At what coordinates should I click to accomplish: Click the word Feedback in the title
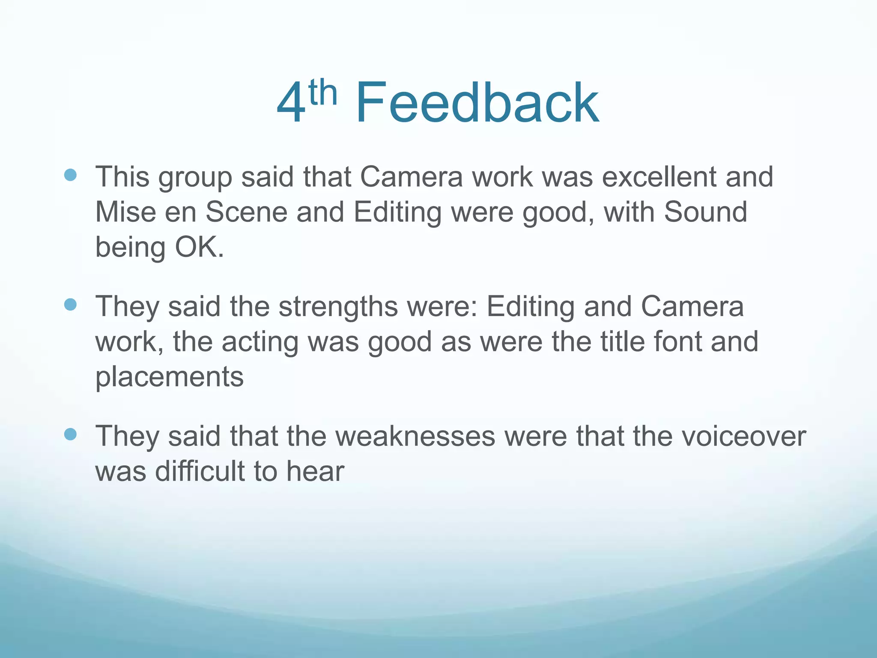[477, 104]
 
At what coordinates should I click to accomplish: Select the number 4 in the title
[291, 104]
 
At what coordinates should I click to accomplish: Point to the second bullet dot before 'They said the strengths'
[70, 305]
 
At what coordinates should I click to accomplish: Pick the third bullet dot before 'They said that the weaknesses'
[70, 434]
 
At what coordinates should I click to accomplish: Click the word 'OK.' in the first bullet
[199, 247]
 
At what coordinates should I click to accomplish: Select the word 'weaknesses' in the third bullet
[415, 436]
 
